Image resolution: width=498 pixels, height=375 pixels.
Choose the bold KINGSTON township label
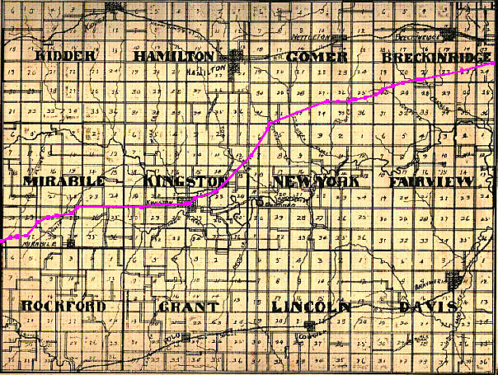(184, 180)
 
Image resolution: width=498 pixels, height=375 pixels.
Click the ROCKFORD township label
(63, 307)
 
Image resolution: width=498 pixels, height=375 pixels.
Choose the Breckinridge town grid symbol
(450, 35)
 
